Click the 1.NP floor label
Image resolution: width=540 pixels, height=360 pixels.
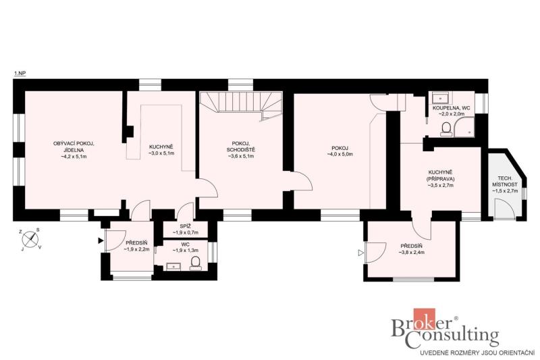click(20, 73)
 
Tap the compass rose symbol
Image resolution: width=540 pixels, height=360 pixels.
click(31, 238)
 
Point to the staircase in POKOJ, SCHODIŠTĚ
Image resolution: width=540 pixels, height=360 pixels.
click(241, 105)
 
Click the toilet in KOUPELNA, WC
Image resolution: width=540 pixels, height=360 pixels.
click(446, 129)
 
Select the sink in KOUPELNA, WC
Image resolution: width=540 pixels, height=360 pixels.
click(439, 98)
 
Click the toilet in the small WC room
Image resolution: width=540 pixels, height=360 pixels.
click(196, 263)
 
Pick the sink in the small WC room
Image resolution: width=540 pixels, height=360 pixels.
click(173, 266)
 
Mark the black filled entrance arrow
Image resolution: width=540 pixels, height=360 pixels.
click(100, 241)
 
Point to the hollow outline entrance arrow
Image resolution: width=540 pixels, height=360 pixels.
click(360, 253)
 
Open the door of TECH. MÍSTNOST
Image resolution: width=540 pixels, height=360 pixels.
click(504, 209)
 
